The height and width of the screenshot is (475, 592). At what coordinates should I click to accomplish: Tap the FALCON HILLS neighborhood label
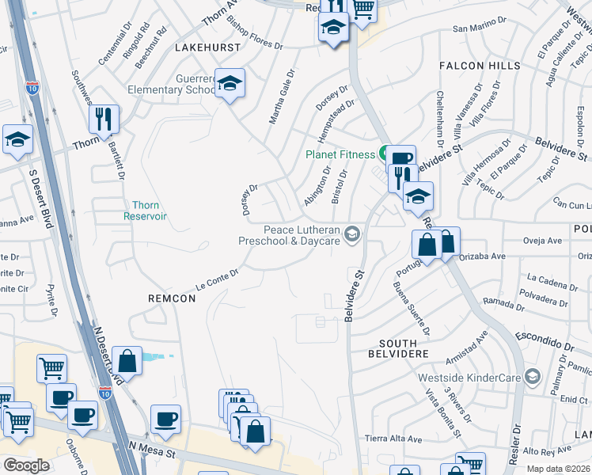482,66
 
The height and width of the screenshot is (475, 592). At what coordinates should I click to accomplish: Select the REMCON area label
172,298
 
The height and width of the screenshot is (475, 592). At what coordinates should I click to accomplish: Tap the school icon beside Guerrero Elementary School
230,83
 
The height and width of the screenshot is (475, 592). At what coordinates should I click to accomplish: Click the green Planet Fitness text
340,154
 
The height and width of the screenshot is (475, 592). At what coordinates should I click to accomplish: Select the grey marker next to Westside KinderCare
532,375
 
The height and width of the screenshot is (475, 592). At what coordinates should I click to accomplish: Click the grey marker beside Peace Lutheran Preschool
352,233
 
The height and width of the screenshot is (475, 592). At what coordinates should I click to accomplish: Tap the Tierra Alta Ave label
411,439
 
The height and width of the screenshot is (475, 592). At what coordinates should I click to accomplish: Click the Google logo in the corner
26,465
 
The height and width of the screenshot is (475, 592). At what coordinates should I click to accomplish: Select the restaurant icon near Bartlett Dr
104,119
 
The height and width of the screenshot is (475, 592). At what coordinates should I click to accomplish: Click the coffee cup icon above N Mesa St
165,419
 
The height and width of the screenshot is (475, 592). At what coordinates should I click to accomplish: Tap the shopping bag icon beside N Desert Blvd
127,361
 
